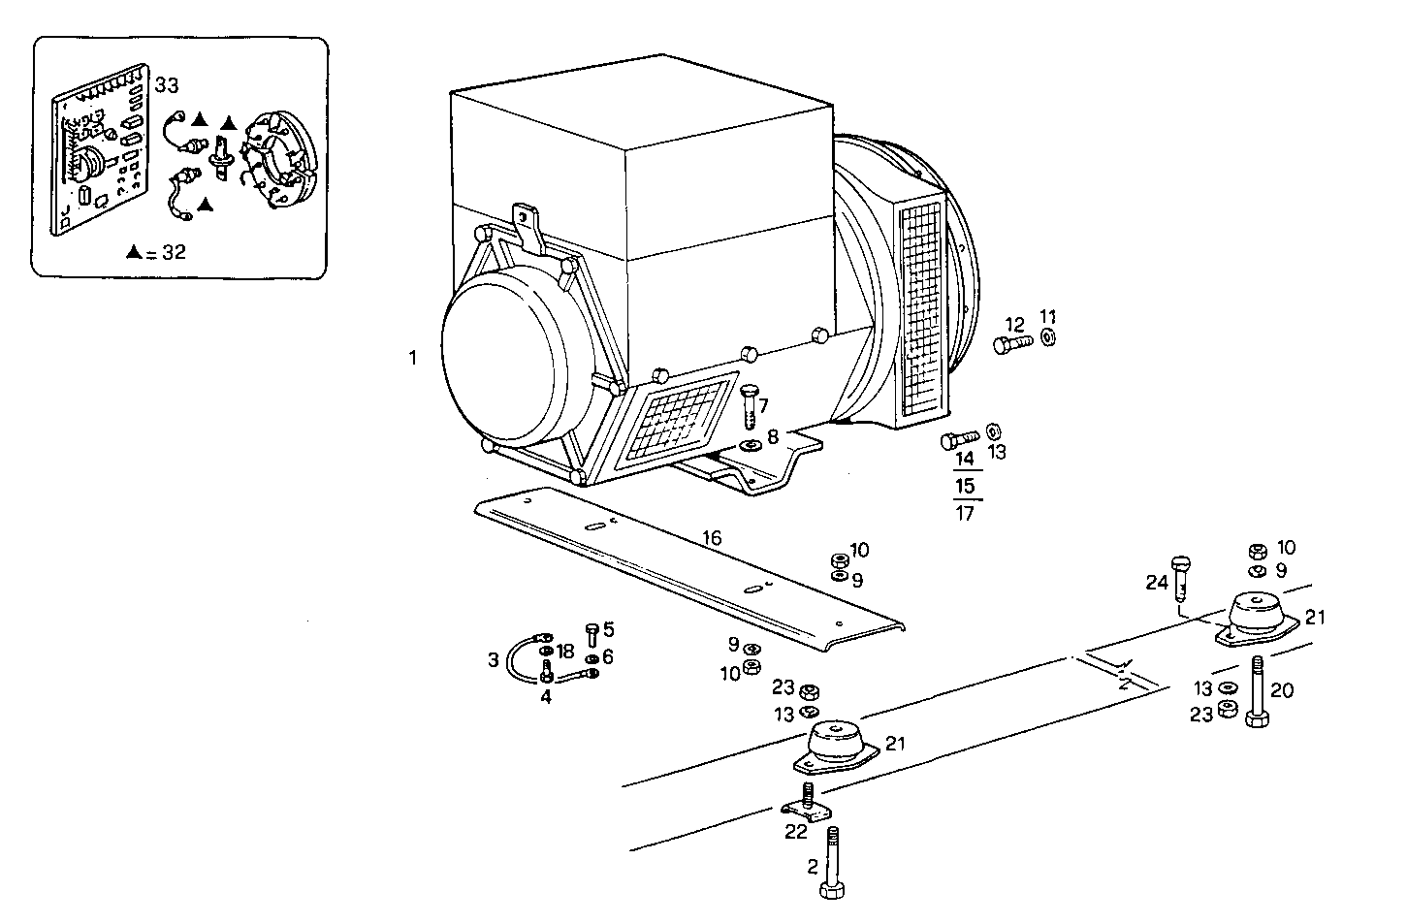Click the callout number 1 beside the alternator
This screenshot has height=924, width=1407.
click(412, 358)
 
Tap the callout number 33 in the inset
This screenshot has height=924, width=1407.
click(167, 86)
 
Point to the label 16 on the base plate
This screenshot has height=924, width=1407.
click(712, 539)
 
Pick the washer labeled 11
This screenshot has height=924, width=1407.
click(1048, 337)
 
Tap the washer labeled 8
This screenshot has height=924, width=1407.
click(750, 445)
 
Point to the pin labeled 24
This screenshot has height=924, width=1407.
click(1180, 580)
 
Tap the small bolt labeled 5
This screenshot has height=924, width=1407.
click(592, 635)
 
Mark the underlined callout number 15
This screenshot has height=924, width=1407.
click(965, 485)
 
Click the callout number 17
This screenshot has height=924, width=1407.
click(965, 514)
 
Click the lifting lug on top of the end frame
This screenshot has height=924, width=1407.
click(528, 227)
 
